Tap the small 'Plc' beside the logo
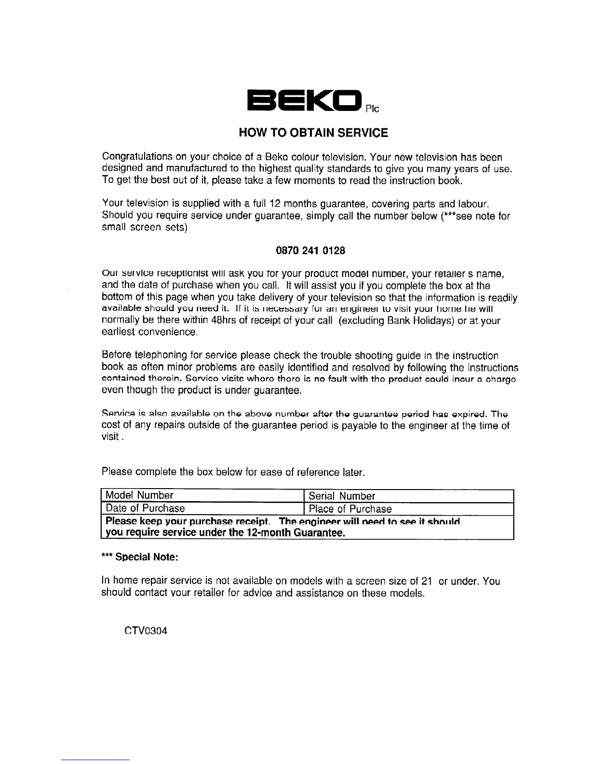(x=372, y=109)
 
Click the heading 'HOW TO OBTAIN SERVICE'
(x=313, y=133)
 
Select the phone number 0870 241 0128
(x=310, y=250)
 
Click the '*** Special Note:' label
(x=140, y=557)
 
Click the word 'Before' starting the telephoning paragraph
(x=116, y=356)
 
